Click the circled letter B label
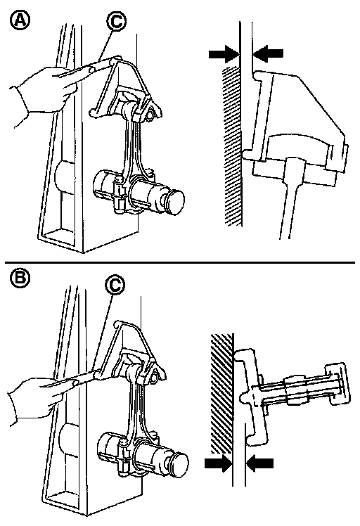[x=20, y=278]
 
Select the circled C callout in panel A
[x=116, y=22]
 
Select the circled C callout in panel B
[x=115, y=285]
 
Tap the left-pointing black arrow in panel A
[x=268, y=53]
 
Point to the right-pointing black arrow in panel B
[x=219, y=463]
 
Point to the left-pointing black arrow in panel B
[x=259, y=463]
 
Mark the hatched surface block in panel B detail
[x=221, y=392]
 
